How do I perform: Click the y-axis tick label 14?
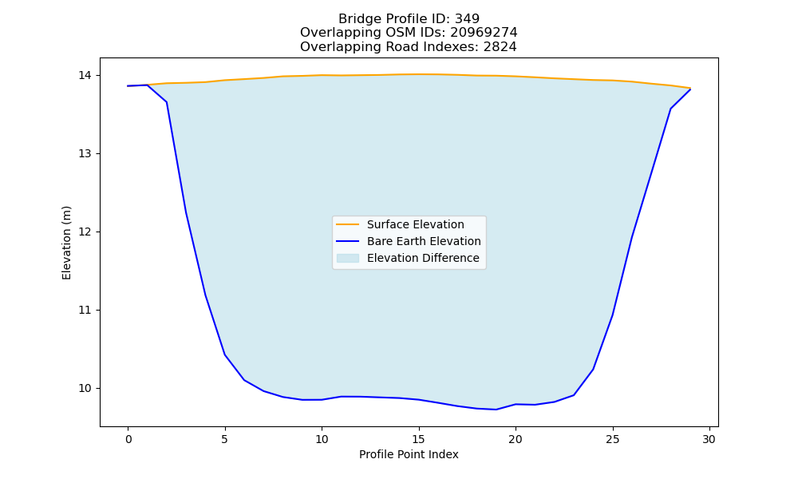(85, 75)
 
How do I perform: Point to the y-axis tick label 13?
(85, 154)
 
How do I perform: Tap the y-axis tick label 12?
(85, 232)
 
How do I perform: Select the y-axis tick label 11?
(85, 310)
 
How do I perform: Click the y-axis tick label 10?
(85, 389)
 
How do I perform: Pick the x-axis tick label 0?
(128, 439)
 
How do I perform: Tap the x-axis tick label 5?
(225, 439)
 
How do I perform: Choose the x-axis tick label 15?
(419, 439)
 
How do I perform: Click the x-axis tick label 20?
(516, 439)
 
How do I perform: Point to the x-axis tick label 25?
(613, 439)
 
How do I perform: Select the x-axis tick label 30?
(709, 439)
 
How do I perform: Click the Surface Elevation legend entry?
(400, 224)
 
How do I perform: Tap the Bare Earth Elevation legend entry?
(408, 241)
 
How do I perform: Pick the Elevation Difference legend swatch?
(348, 258)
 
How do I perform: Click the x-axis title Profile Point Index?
(409, 454)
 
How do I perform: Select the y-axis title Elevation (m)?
(67, 243)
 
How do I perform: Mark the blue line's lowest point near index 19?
(496, 410)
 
